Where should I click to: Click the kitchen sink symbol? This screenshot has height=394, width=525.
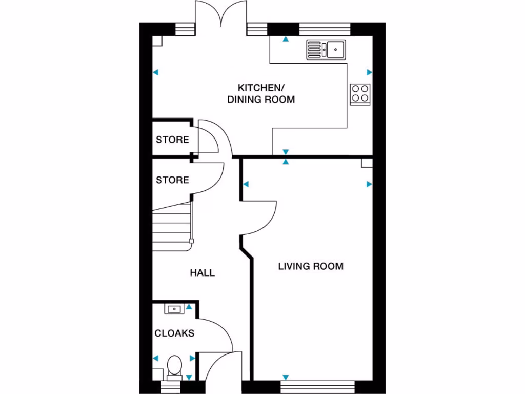327,50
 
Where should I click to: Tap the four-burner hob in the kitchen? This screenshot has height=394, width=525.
360,94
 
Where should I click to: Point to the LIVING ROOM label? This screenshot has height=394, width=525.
311,266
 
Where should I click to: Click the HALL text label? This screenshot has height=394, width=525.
203,273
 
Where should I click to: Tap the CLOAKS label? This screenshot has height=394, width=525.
174,333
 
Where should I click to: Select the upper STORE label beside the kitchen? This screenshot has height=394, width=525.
172,140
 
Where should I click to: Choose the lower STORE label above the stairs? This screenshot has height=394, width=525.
172,180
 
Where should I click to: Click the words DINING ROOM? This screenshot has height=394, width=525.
261,100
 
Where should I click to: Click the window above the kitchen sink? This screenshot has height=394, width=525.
324,29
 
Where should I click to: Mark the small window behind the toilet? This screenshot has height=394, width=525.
174,386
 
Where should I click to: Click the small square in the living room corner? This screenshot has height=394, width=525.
366,163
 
